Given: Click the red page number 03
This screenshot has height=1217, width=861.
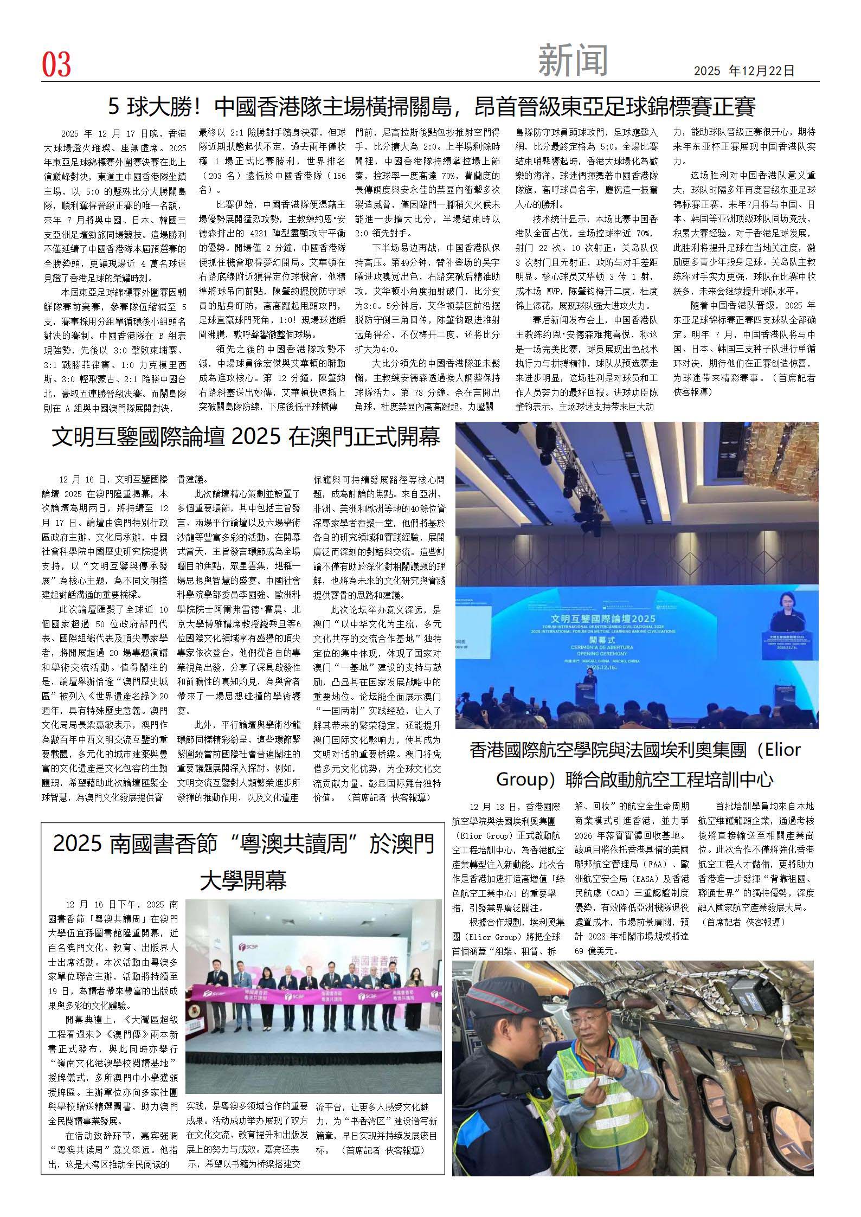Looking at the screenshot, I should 56,65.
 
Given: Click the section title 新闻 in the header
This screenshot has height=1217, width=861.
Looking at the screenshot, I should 573,61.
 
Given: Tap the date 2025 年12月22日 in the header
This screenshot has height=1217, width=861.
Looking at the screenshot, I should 744,71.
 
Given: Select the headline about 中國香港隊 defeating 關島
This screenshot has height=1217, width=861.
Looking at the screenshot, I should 432,107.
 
